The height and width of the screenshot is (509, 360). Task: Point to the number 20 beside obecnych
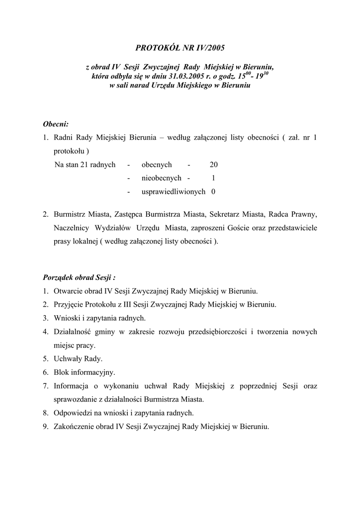pos(213,165)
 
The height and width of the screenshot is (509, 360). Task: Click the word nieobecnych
pos(162,177)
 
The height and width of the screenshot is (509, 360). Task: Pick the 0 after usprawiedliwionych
pos(213,191)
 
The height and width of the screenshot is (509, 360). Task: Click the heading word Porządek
pos(59,277)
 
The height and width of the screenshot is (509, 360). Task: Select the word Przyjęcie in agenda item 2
pos(69,304)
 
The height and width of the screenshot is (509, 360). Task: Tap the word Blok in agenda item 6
pos(62,372)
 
